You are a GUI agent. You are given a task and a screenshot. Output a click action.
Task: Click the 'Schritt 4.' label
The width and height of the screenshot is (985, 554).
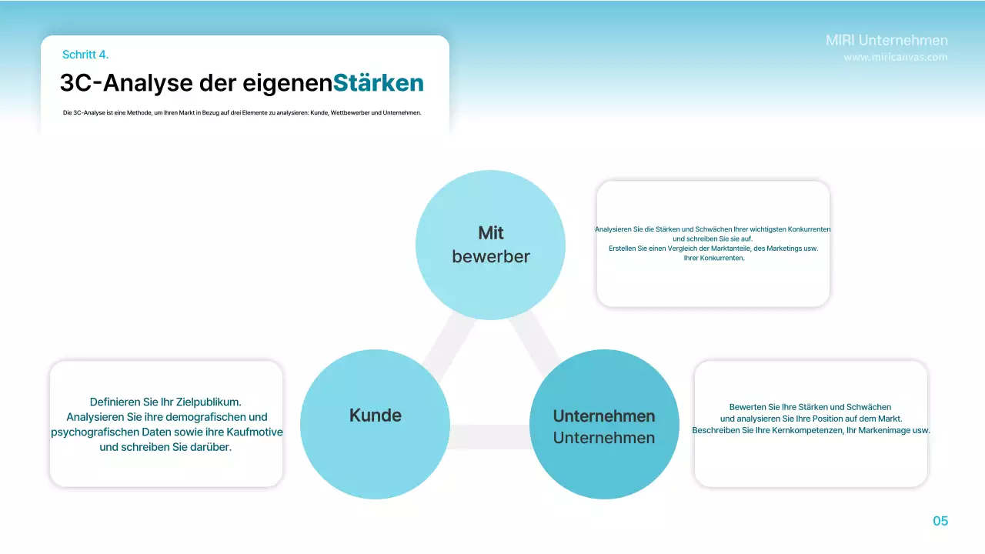click(85, 55)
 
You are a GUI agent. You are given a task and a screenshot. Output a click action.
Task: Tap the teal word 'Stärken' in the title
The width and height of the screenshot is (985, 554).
click(379, 82)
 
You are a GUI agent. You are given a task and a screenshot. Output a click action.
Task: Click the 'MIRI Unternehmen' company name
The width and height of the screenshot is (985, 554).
click(886, 40)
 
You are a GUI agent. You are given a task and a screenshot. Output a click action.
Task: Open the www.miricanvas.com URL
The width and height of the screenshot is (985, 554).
click(896, 57)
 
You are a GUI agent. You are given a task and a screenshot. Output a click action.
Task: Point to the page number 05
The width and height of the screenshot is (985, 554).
click(940, 521)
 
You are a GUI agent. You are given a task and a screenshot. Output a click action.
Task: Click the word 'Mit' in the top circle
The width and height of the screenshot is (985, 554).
click(491, 232)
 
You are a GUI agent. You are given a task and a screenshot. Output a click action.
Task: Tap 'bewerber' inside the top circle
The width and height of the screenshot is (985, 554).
click(491, 256)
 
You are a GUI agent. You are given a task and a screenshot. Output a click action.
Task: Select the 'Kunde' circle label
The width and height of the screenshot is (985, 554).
click(376, 415)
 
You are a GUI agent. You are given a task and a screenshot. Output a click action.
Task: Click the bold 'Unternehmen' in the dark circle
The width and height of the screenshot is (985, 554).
click(604, 416)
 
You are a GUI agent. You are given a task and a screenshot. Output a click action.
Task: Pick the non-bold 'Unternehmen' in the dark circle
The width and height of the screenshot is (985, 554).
click(604, 438)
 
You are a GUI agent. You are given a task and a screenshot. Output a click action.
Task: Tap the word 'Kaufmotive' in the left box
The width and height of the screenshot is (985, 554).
click(254, 432)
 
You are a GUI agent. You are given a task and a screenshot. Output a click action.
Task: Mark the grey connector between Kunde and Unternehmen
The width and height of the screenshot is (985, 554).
click(490, 436)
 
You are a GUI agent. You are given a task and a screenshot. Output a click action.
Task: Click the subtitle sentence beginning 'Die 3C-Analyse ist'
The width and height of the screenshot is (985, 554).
click(242, 113)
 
